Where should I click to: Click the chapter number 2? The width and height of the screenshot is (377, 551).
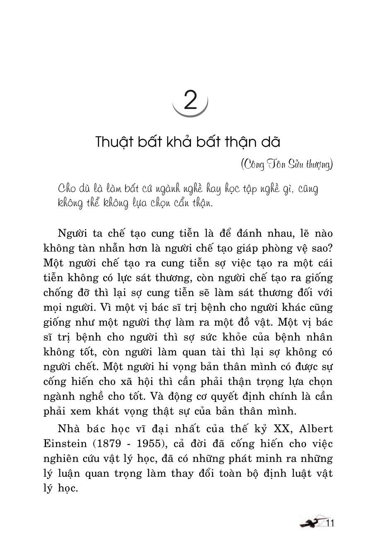coord(190,100)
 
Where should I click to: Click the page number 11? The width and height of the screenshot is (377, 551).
coord(329,523)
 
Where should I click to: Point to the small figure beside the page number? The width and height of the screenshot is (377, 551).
coord(311,523)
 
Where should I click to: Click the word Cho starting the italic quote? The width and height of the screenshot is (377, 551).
coord(67,188)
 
